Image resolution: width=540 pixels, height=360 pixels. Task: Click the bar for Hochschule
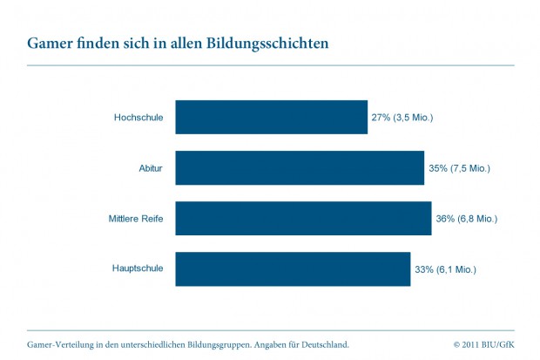pos(271,117)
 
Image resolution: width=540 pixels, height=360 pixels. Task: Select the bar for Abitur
pos(300,167)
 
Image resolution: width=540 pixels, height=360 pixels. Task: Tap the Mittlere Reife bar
pos(303,218)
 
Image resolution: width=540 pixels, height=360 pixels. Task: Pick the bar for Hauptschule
pos(293,268)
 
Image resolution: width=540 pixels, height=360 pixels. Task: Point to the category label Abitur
pos(150,167)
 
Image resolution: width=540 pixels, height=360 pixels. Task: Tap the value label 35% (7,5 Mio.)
pos(459,167)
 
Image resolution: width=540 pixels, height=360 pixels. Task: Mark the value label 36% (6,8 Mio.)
pos(466,218)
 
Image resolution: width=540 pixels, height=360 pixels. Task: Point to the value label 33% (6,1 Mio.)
pos(445,268)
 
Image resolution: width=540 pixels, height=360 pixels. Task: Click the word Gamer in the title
pos(50,43)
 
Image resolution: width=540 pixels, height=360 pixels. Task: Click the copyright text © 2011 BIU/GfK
pos(483,344)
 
